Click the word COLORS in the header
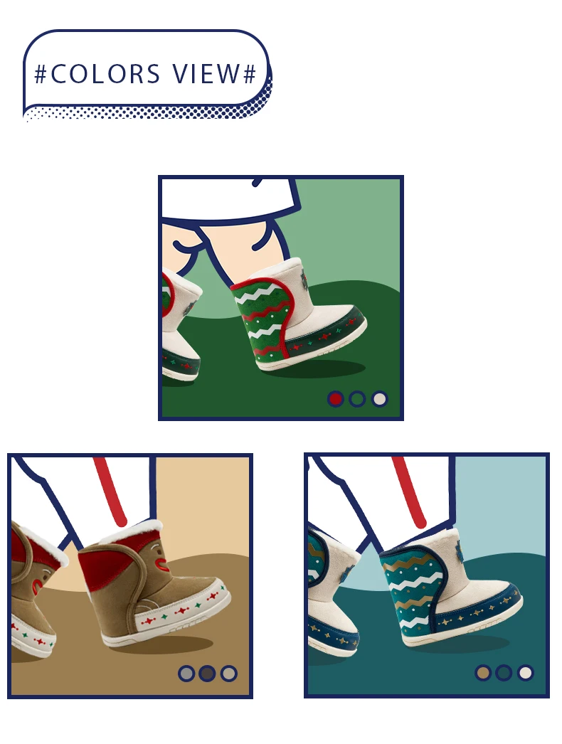click(105, 73)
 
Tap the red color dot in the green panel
click(336, 399)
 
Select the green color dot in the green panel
click(357, 399)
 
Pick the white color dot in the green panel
click(379, 399)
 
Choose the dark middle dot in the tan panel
click(207, 674)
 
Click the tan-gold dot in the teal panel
click(483, 672)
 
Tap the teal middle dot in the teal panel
click(504, 672)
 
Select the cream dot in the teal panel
click(526, 672)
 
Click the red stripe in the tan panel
click(110, 491)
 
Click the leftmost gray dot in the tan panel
click(186, 674)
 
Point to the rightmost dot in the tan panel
click(229, 674)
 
